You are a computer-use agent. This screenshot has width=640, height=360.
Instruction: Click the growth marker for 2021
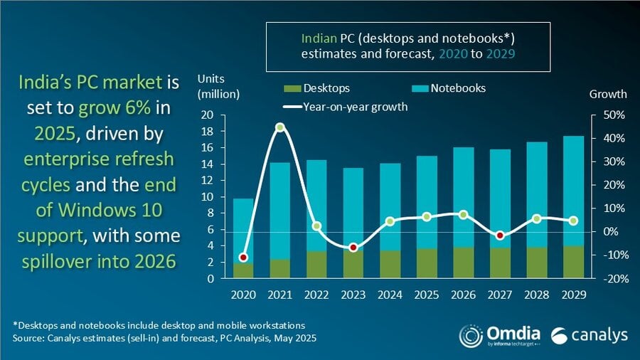[280, 127]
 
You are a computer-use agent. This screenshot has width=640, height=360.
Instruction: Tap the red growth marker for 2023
[353, 248]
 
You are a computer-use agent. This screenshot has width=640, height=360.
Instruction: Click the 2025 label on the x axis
[426, 293]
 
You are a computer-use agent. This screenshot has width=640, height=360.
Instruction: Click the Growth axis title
[608, 94]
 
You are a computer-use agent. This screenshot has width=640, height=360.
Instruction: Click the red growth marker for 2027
[500, 235]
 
